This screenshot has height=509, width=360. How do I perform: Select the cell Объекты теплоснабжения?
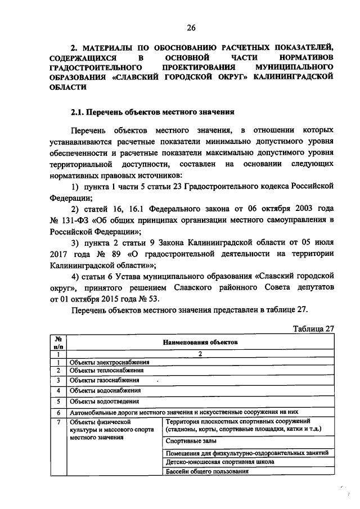(107, 370)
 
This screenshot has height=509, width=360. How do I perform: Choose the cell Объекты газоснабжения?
(105, 380)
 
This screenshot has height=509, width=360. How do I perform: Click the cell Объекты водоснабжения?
(105, 390)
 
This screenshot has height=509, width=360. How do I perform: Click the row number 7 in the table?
(58, 421)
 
